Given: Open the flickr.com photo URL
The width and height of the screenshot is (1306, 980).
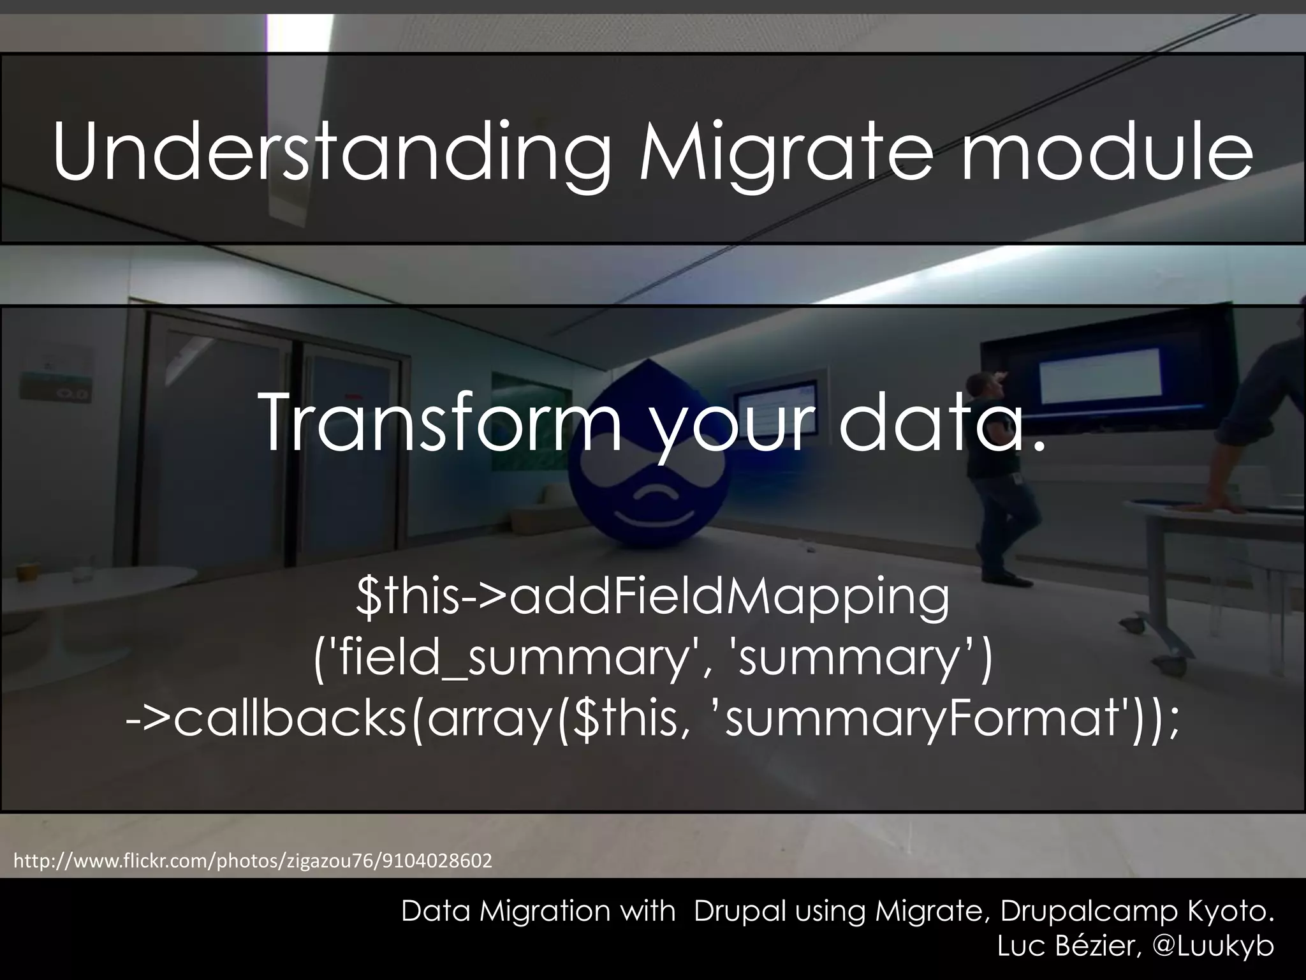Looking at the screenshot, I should coord(253,861).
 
